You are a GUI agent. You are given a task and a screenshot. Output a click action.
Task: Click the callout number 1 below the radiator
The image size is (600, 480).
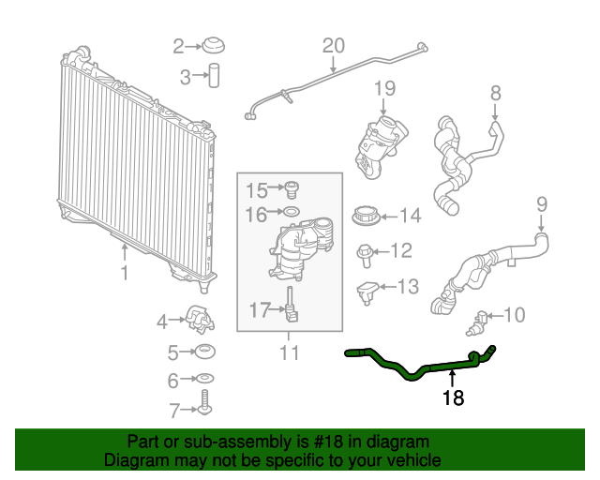pos(124,273)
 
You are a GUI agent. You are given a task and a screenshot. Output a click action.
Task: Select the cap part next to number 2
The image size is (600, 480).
pos(215,46)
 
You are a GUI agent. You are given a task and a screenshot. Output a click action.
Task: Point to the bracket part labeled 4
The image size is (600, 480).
pos(200,320)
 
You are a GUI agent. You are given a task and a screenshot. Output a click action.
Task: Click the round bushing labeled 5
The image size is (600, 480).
pos(202,353)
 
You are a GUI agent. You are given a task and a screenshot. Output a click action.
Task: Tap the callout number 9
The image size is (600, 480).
pos(541,203)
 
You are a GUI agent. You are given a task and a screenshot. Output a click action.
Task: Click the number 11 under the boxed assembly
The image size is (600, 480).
pos(289,352)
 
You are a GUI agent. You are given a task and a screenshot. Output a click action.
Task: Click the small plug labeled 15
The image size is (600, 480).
pos(292,189)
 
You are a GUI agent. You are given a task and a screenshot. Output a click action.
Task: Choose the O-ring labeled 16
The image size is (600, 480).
pos(292,215)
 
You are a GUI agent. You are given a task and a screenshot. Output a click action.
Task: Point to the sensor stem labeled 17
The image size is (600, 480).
pos(292,307)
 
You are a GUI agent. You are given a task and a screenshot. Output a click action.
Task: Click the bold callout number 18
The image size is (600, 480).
pos(453,397)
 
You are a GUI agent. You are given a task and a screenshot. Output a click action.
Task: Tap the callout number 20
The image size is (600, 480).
pos(334,45)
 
